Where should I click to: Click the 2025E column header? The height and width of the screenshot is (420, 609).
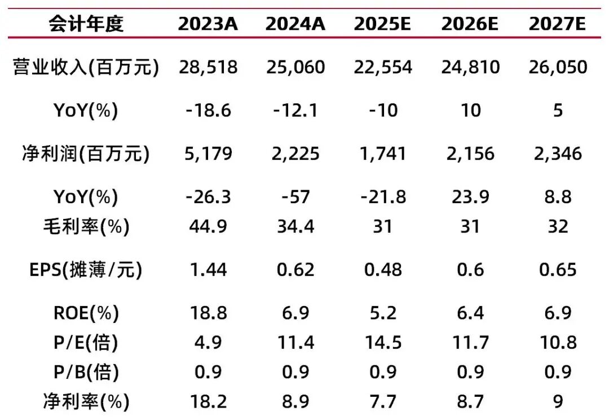tap(383, 24)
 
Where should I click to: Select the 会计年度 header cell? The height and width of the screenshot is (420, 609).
tap(86, 24)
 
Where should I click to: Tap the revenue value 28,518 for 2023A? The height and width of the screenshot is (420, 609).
tap(208, 68)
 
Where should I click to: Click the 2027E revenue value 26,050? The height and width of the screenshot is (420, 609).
tap(558, 68)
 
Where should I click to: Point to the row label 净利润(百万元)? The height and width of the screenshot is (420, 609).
tap(86, 154)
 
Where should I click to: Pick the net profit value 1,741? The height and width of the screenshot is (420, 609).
tap(383, 154)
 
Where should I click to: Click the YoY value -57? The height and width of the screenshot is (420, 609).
tap(295, 197)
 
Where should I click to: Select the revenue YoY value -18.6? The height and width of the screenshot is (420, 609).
tap(208, 111)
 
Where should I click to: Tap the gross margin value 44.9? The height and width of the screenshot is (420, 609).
tap(208, 226)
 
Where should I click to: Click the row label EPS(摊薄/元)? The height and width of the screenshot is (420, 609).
tap(86, 270)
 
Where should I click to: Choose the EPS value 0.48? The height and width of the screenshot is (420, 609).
tap(383, 270)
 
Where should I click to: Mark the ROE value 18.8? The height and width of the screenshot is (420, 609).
tap(208, 313)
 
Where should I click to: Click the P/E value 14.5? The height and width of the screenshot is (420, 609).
tap(383, 343)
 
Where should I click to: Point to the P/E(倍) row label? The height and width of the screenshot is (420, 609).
tap(86, 343)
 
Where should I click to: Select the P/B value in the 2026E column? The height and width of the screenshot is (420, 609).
tap(470, 372)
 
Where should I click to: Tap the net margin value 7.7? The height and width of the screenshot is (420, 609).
tap(383, 402)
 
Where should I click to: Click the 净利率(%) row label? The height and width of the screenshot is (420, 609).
tap(86, 402)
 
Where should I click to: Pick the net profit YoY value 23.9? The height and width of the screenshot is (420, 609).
tap(470, 197)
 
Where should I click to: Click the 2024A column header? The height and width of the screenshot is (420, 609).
tap(295, 24)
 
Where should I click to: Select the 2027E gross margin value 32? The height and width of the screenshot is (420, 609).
tap(558, 226)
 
